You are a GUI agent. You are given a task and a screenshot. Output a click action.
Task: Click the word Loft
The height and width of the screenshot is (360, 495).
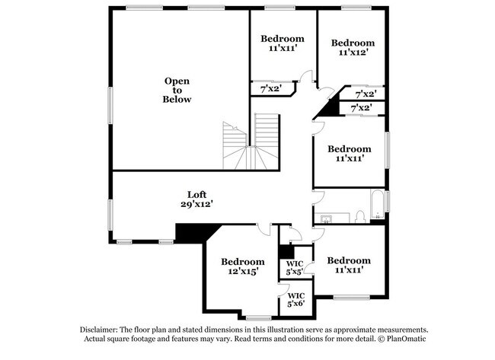point(198,194)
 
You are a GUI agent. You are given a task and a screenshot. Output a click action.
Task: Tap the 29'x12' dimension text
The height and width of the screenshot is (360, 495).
point(196,204)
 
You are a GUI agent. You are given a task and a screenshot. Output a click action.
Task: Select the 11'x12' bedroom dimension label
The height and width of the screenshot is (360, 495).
point(353,53)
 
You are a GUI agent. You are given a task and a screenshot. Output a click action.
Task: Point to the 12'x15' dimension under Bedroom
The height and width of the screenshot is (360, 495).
point(243,272)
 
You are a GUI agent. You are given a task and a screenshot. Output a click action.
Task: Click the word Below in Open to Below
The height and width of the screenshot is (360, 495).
point(177,100)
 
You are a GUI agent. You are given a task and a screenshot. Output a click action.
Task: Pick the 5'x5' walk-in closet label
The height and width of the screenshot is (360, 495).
point(295,272)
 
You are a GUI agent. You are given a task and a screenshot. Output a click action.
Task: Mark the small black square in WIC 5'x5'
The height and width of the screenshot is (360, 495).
point(286,251)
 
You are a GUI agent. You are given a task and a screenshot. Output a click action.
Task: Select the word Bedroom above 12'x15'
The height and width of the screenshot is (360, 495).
point(243,261)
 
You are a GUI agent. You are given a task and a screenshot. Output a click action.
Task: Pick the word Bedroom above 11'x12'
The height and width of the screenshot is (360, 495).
point(353,43)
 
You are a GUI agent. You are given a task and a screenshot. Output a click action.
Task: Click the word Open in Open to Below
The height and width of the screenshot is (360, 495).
point(177,81)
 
